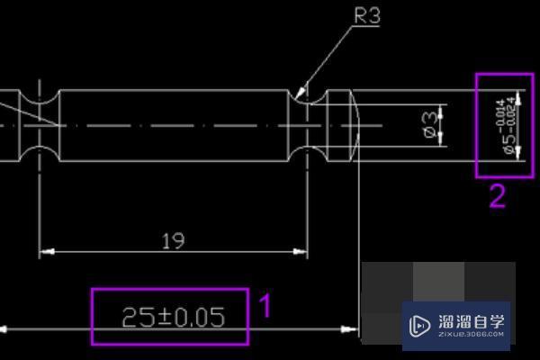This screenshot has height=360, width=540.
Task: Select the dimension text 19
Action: [x=173, y=240]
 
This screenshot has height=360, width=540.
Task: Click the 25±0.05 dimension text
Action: [x=171, y=317]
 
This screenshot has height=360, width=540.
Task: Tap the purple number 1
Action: [x=265, y=306]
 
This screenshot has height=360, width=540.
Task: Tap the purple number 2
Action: [x=497, y=196]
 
